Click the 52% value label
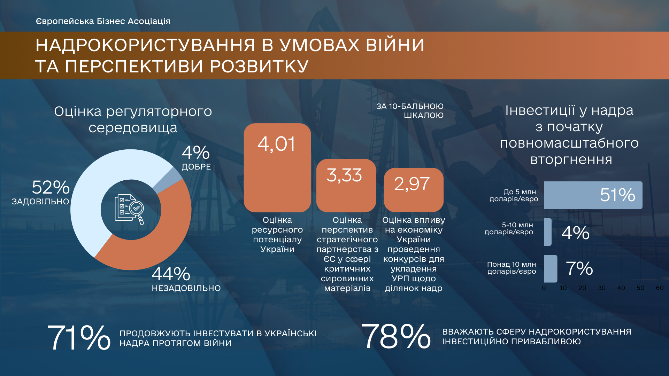51,187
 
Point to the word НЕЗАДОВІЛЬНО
186,288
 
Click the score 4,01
277,144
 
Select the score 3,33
344,175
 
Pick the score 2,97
412,184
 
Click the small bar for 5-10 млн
548,232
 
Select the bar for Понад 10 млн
551,269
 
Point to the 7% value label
579,268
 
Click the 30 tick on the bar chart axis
602,288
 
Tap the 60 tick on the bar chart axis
660,288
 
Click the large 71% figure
79,337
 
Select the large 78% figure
396,336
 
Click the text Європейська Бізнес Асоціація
103,21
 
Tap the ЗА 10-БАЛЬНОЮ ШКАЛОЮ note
410,111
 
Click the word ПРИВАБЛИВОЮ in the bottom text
547,342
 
